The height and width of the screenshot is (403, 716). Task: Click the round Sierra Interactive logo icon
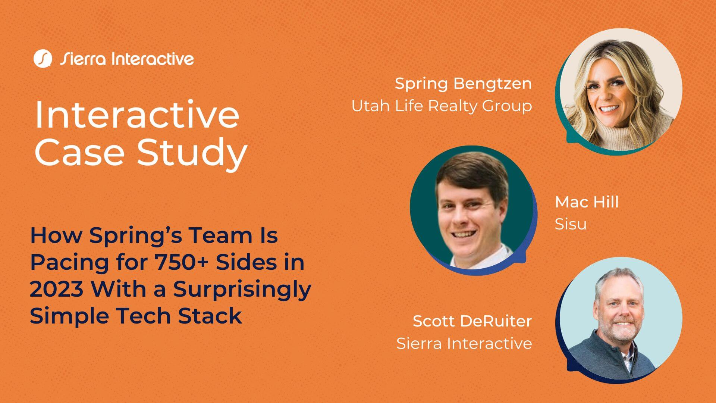click(x=42, y=59)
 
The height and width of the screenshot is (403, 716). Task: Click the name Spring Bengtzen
click(x=463, y=84)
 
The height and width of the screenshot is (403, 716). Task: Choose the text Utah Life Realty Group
click(x=442, y=106)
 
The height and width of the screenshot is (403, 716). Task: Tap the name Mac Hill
click(x=587, y=202)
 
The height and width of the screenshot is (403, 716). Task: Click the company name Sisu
click(x=571, y=224)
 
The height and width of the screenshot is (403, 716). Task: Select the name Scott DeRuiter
click(x=472, y=321)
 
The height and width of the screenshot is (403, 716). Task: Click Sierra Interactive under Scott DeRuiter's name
click(x=464, y=343)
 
